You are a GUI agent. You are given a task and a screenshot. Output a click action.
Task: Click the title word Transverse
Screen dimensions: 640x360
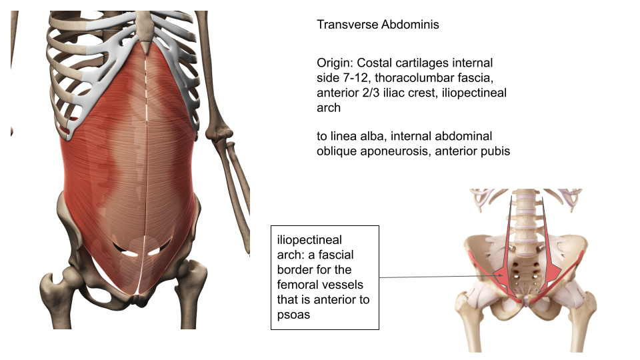click(x=347, y=25)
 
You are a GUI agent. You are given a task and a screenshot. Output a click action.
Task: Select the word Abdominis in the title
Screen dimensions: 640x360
click(x=410, y=25)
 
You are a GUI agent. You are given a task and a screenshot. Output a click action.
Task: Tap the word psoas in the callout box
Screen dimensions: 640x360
click(x=293, y=315)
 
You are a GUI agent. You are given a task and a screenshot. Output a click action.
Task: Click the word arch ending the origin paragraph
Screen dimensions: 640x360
click(x=329, y=108)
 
